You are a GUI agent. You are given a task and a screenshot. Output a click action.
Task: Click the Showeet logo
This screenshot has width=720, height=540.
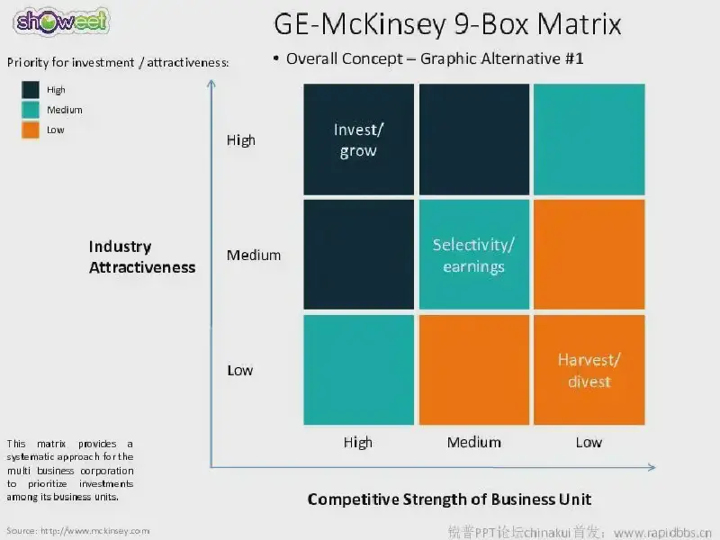[x=61, y=22]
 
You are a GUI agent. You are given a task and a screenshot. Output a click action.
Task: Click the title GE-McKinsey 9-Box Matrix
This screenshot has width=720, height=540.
[x=447, y=24]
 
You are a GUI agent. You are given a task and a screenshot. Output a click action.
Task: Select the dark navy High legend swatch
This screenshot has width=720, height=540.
[x=31, y=89]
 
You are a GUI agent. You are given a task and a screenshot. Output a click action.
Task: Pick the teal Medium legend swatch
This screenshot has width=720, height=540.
[x=31, y=110]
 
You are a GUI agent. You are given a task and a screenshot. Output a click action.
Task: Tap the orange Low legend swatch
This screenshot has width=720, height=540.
[x=31, y=130]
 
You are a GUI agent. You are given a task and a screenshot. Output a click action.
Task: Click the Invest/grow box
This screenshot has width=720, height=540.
[x=358, y=139]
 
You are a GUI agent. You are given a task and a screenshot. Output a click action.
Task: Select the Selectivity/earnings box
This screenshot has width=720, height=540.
[x=474, y=255]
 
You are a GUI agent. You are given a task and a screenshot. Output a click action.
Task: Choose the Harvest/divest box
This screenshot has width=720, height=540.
[x=589, y=370]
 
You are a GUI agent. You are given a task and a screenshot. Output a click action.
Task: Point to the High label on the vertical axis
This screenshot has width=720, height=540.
[x=240, y=140]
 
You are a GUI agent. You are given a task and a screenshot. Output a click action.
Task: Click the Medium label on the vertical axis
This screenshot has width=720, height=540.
[x=254, y=255]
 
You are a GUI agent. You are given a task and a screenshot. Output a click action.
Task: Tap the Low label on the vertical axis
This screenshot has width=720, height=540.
[x=239, y=370]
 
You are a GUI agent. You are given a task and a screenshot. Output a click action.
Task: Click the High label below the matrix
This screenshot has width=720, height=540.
[x=357, y=443]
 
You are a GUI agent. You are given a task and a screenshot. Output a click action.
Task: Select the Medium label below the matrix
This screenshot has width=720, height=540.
[x=474, y=442]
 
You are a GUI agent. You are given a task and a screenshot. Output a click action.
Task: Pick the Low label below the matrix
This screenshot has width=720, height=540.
[x=589, y=442]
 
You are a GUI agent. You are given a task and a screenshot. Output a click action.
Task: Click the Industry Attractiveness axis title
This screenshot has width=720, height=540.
[x=142, y=256]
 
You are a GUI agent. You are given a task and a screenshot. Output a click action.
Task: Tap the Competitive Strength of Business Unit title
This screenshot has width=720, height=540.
[x=449, y=499]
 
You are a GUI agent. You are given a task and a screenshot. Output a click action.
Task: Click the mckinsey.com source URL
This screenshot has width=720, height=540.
[x=95, y=531]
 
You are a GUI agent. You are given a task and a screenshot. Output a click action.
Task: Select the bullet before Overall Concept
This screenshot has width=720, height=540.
[x=276, y=58]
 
